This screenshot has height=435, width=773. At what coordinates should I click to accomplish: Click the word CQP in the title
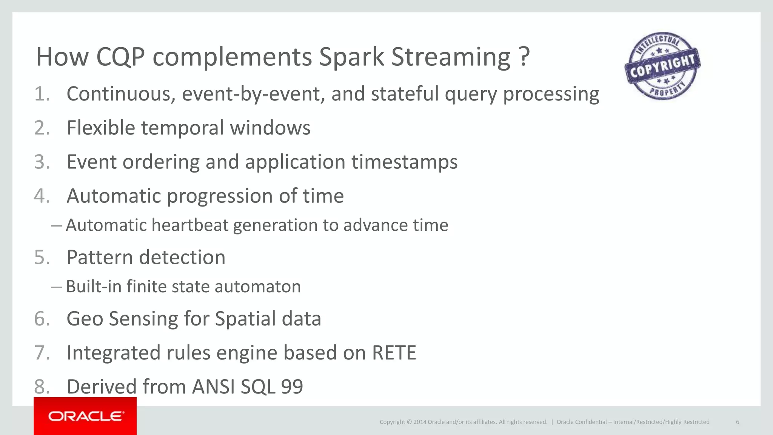coord(120,57)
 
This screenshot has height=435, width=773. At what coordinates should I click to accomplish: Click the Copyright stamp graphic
coord(662,66)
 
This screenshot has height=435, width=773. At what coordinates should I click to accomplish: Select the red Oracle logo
coord(85,416)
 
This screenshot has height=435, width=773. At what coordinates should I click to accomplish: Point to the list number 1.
coord(42,94)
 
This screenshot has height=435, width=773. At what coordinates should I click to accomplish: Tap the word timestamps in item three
coord(404,162)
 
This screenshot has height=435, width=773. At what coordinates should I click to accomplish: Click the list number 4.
coord(42,196)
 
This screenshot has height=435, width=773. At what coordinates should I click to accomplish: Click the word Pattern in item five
coord(100,258)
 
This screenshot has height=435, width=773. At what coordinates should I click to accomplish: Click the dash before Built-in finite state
coord(56,287)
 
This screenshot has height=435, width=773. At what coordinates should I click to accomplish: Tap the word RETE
coord(394,353)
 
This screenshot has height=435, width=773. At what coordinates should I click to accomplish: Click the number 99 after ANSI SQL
coord(292,387)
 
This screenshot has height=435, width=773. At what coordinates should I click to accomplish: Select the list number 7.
coord(42,353)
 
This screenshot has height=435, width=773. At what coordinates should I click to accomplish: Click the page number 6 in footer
coord(738,422)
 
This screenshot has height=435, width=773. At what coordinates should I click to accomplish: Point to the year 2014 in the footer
coord(420,422)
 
